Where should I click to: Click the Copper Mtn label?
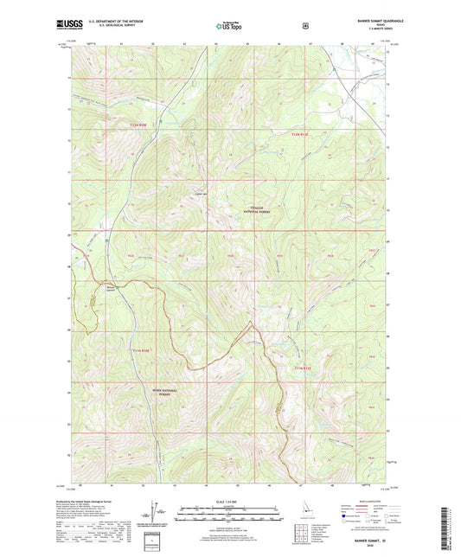coord(202,193)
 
